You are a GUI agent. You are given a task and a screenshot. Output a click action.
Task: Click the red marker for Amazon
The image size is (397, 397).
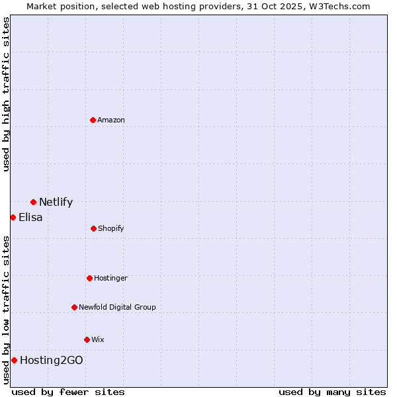(93, 120)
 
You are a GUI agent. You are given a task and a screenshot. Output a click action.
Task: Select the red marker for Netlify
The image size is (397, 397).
(33, 202)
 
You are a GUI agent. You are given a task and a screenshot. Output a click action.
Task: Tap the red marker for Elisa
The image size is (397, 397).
(13, 217)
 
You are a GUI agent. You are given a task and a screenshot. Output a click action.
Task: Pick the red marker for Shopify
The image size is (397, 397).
(93, 228)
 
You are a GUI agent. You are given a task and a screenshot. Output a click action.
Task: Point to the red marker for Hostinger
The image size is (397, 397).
(89, 278)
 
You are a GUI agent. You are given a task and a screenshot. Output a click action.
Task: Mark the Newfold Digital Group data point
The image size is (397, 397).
(74, 307)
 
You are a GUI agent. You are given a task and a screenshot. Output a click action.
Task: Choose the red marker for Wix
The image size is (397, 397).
(87, 339)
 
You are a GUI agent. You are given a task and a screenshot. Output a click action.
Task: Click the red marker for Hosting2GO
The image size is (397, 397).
(14, 360)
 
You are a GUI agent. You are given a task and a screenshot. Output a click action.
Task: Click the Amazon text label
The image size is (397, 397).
(111, 120)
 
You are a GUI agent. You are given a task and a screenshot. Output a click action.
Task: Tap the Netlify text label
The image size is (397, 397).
(56, 202)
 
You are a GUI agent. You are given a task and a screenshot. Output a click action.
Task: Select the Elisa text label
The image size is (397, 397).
(30, 218)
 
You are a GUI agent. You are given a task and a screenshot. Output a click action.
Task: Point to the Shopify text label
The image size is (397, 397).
(110, 229)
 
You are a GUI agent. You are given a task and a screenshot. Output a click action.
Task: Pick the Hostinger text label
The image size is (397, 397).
(110, 279)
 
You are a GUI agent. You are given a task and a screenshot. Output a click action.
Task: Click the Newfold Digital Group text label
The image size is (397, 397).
(117, 308)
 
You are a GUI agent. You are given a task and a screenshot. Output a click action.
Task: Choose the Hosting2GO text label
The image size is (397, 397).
(52, 361)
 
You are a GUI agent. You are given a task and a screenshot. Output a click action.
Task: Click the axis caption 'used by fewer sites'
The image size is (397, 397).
(68, 392)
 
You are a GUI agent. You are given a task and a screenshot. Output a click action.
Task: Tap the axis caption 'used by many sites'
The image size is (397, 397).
(332, 392)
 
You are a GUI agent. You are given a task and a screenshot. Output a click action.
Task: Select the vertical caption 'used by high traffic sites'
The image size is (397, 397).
(6, 94)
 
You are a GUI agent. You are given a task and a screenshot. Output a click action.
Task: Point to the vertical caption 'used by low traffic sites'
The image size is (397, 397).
(6, 309)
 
